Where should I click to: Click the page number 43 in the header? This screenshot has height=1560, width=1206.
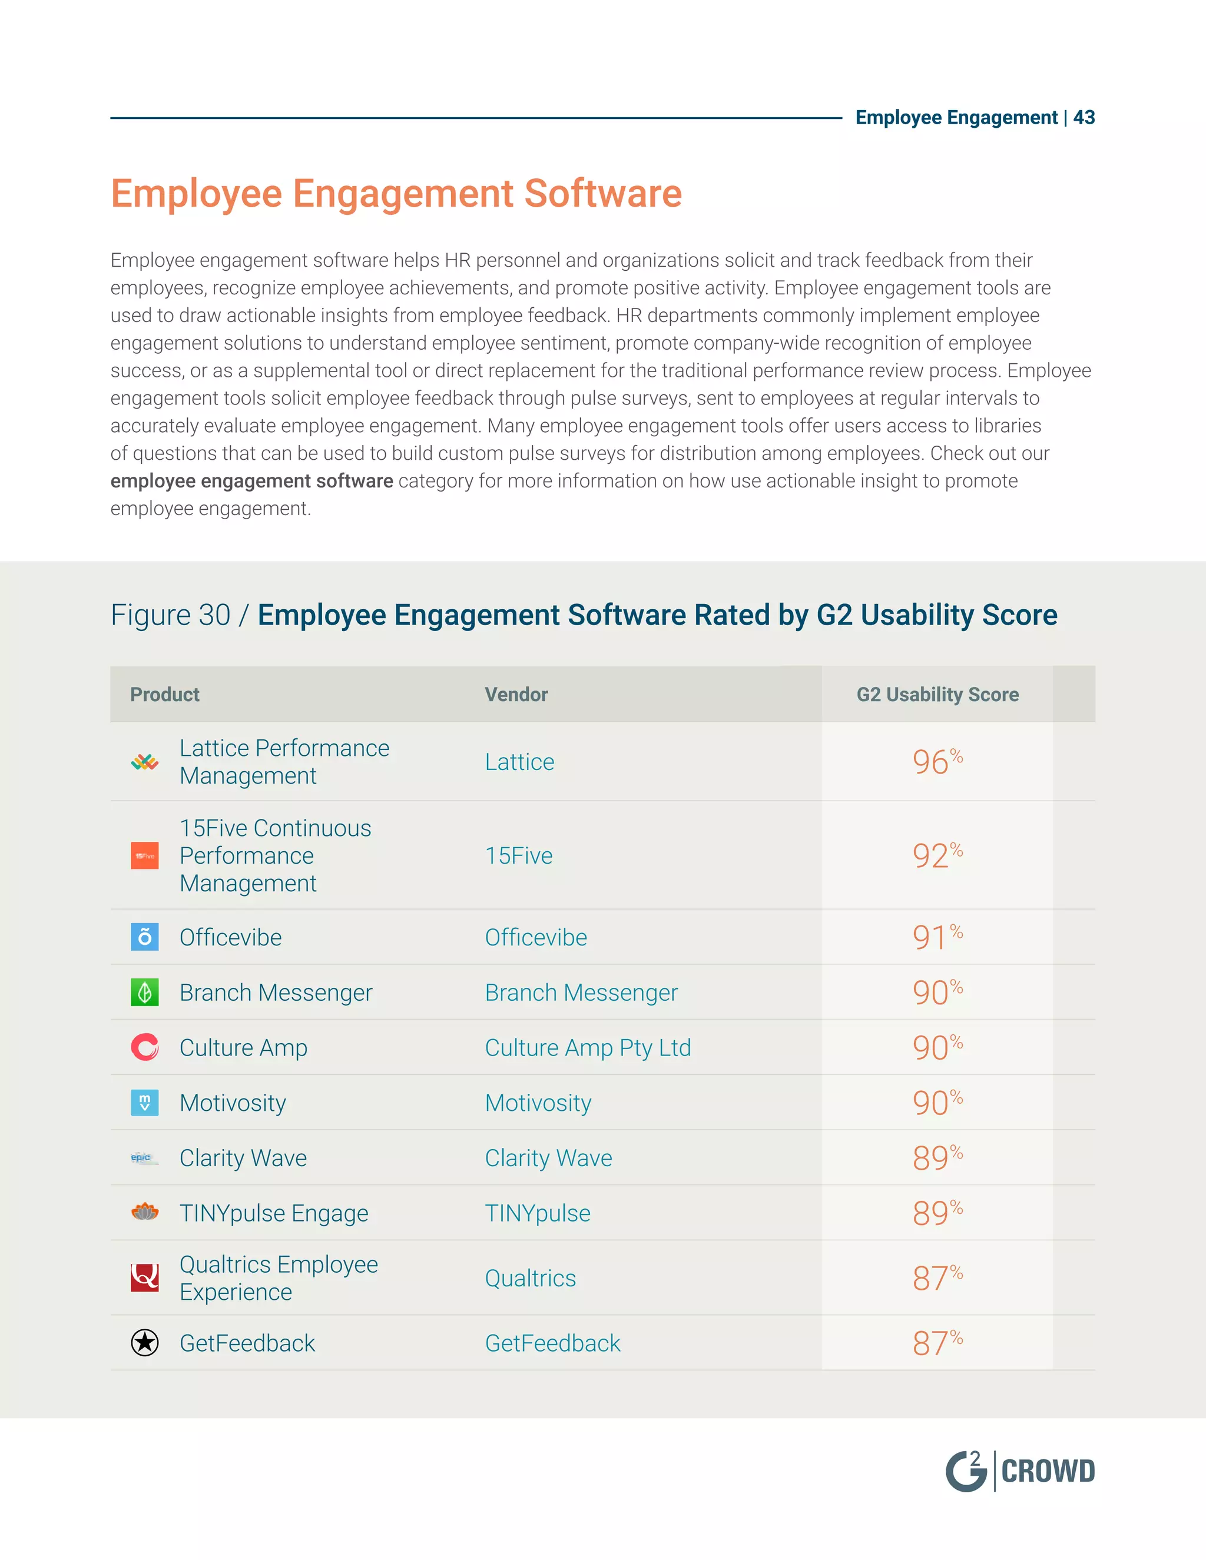(1084, 117)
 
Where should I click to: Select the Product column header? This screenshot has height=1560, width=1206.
(164, 694)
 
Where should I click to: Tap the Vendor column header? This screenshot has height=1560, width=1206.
(516, 694)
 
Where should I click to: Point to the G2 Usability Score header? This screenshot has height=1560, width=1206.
(937, 694)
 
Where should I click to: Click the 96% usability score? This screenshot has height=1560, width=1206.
(937, 761)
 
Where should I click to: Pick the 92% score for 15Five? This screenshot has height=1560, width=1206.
(937, 855)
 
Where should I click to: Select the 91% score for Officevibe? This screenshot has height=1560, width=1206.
(937, 937)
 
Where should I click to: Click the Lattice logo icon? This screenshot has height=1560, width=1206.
(145, 762)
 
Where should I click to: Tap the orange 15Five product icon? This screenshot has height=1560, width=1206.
(145, 856)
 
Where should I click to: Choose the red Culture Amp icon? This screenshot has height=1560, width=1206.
(145, 1048)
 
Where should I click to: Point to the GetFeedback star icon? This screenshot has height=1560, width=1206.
(145, 1343)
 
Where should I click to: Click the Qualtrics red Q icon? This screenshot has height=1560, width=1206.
(145, 1278)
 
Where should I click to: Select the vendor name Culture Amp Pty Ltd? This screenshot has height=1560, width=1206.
(587, 1048)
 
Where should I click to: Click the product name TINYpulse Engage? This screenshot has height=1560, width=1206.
(274, 1213)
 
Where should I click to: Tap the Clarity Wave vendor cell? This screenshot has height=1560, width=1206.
(548, 1158)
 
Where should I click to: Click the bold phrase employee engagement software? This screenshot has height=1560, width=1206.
(251, 481)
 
